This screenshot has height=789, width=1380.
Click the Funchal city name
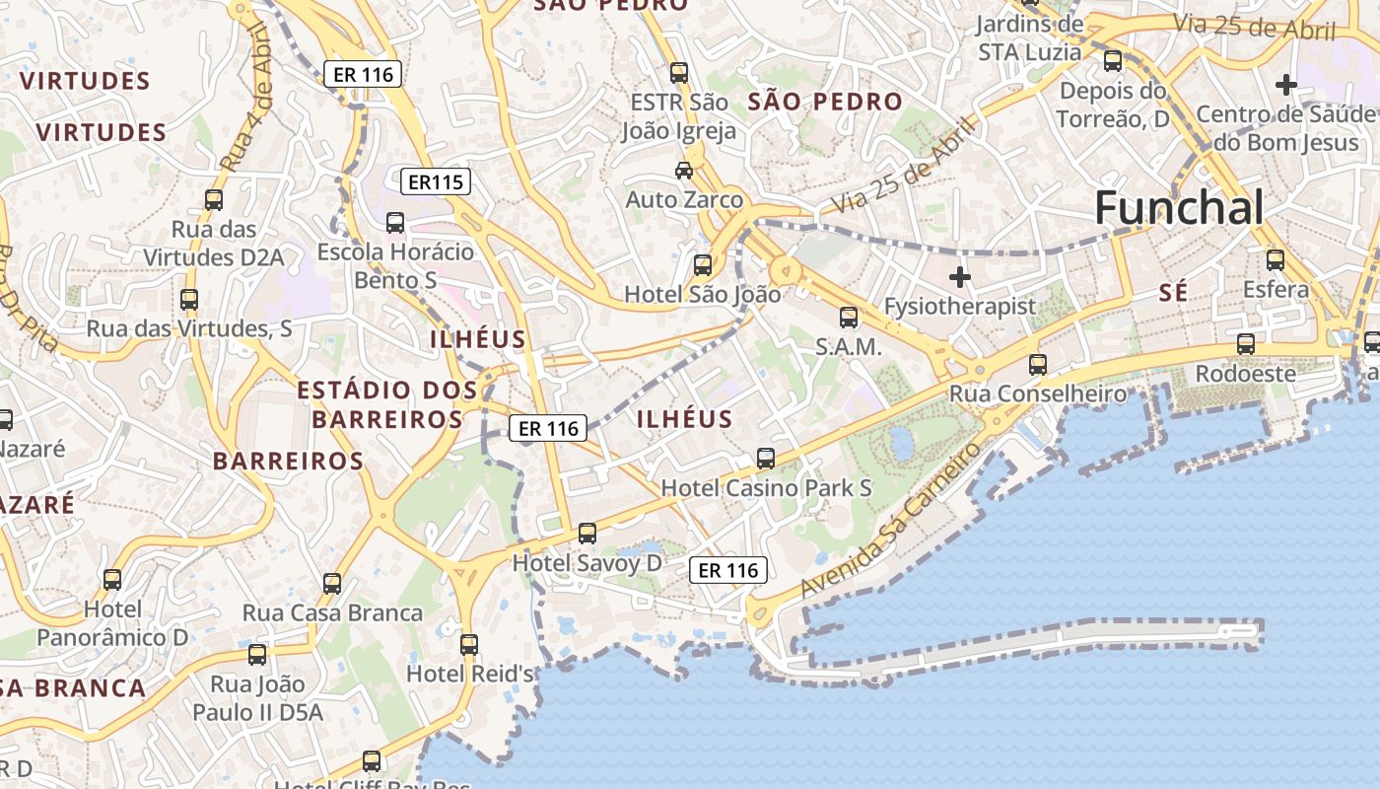pos(1178,208)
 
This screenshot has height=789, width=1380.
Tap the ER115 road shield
pos(436,181)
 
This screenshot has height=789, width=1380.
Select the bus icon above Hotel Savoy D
pos(587,534)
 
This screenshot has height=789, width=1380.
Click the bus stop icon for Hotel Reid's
pos(469,645)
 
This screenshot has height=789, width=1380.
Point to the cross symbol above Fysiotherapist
pos(959,277)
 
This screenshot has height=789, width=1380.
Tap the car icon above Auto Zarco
pos(683,171)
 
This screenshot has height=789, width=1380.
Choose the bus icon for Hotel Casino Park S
pos(766,459)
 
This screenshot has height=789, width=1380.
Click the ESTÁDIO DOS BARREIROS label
pos(387,404)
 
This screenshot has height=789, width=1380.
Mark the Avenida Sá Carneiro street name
pos(891,521)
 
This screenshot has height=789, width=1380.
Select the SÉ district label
pos(1173,293)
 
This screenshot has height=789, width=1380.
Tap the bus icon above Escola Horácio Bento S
pos(395,223)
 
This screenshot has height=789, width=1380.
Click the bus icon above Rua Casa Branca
pos(332,584)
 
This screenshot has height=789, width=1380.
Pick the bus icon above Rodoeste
pos(1246,344)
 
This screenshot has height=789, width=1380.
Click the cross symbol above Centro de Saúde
pos(1285,85)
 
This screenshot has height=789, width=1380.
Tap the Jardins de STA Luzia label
pos(1030,37)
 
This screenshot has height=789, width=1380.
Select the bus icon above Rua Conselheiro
pos(1038,365)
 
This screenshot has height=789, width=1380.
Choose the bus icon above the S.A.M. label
pos(849,318)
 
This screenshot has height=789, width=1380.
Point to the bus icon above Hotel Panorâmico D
pos(112,580)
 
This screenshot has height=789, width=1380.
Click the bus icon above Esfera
pos(1276,260)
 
